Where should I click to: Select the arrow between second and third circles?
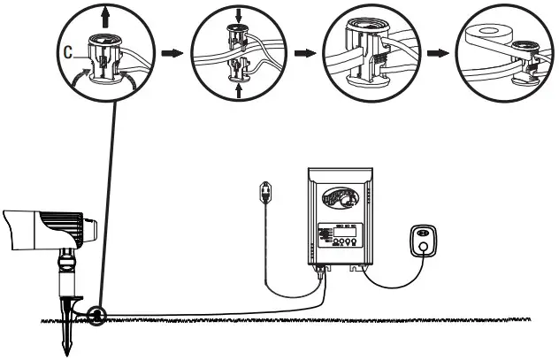303,53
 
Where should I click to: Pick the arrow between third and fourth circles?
436,53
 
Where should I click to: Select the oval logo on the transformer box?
341,199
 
